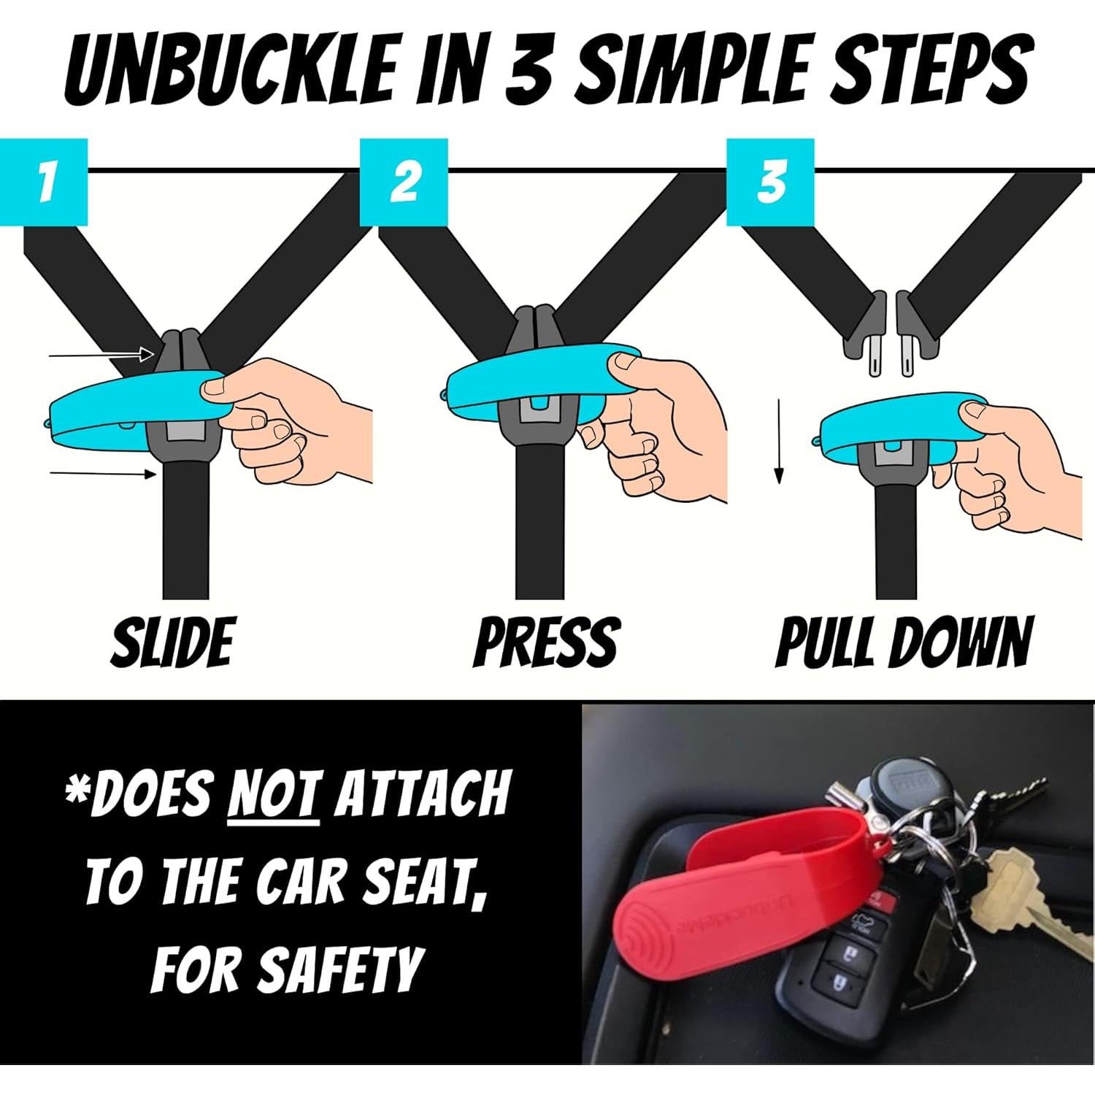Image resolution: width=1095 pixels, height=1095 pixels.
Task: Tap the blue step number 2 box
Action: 404,182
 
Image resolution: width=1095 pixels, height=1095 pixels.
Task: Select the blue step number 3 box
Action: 769,182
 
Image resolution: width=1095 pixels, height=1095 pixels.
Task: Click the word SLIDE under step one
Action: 172,642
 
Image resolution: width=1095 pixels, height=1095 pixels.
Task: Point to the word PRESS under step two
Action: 546,642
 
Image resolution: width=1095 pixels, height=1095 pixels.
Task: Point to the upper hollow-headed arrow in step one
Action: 102,355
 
